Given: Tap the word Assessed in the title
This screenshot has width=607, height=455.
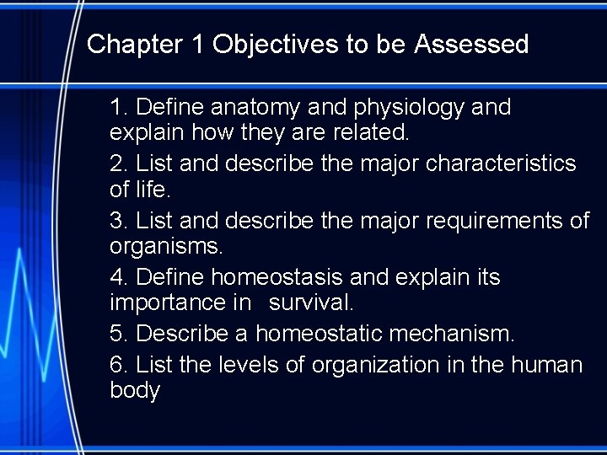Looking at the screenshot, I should click(x=471, y=44).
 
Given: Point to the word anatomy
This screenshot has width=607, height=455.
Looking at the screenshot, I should click(x=255, y=108).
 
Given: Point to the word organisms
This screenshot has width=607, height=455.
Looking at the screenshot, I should click(x=165, y=248).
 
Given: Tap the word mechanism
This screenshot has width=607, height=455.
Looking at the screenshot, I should click(x=451, y=334).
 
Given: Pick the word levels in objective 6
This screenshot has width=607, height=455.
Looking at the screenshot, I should click(x=244, y=365).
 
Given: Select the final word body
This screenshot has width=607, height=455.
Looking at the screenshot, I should click(x=134, y=391).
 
